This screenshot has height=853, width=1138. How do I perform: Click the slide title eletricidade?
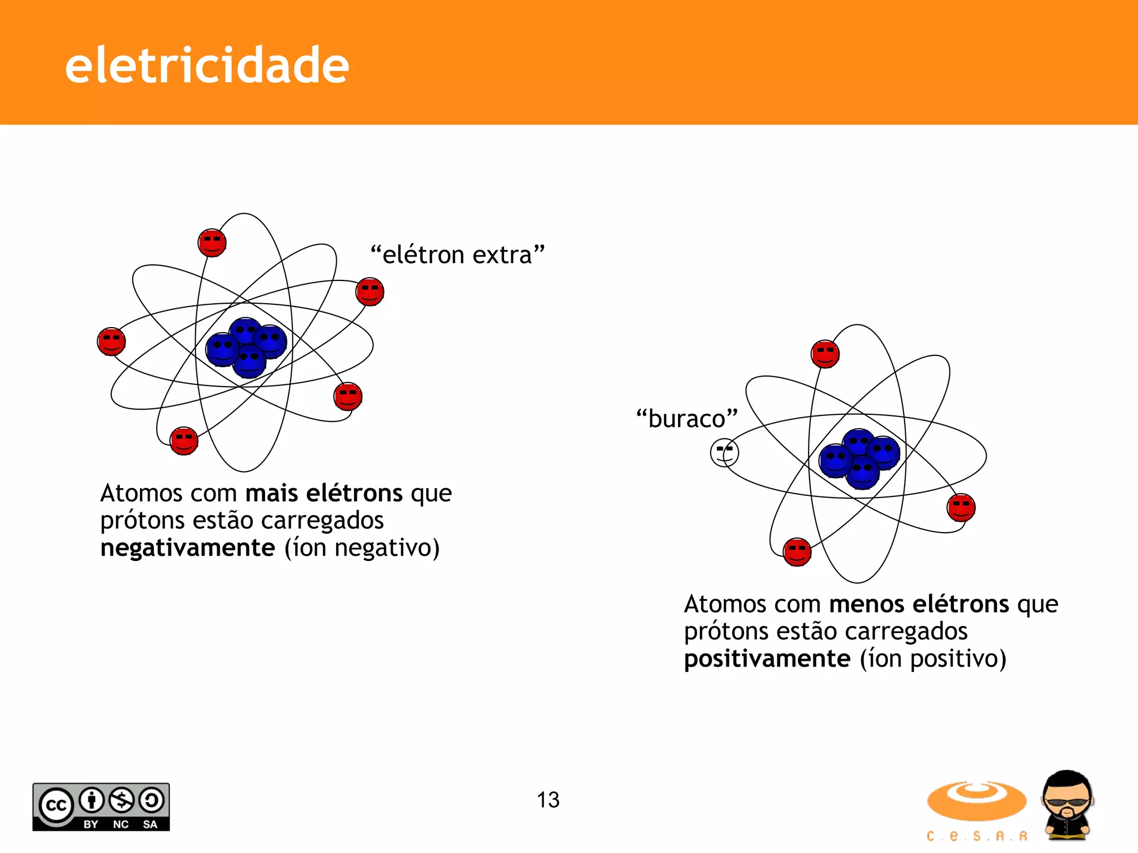pos(207,66)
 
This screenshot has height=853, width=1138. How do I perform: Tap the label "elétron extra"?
pos(457,255)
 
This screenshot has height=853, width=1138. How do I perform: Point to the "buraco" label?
pos(687,419)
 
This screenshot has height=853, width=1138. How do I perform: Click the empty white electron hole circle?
pos(725,453)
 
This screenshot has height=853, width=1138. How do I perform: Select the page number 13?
pos(548,800)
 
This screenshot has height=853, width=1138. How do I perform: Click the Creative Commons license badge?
pos(101,807)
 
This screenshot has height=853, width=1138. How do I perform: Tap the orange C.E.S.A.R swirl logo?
pos(976,801)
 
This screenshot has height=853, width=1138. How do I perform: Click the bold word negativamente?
pos(188,548)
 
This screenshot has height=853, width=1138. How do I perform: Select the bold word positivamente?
pos(767,659)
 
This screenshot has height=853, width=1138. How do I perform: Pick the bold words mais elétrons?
pos(324,493)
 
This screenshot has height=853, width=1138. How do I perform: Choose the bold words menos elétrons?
pos(919,604)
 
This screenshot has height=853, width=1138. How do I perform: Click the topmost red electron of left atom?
pos(212,243)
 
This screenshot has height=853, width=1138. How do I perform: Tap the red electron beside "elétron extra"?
pos(370,292)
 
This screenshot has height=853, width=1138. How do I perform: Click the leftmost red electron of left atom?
pos(111,341)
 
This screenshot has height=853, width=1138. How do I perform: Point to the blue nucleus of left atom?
pos(247,347)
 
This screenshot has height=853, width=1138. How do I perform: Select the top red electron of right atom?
pos(825,354)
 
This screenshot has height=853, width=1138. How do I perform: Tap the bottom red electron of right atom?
pos(797,551)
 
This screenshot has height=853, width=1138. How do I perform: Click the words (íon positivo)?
pos(933,659)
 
